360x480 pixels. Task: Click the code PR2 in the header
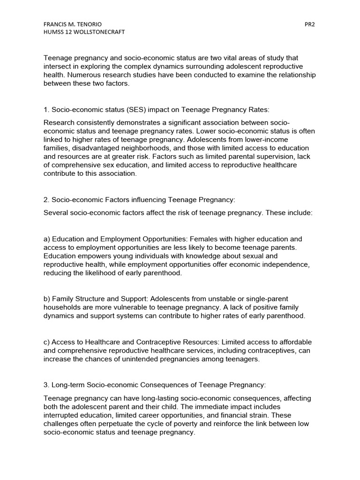pos(309,24)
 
